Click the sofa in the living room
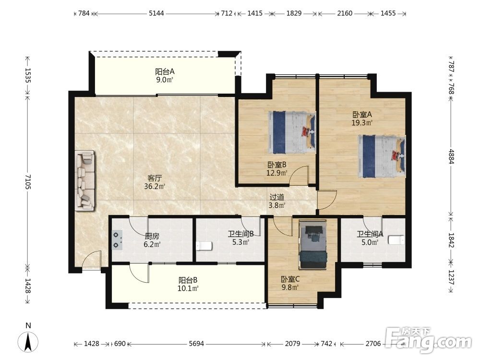[85, 180]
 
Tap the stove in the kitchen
[117, 240]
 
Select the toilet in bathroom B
[204, 245]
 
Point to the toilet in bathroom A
[396, 240]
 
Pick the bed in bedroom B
[292, 132]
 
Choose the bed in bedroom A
[382, 156]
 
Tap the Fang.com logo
[428, 339]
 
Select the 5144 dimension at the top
[156, 13]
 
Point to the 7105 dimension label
[28, 182]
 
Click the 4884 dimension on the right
[451, 156]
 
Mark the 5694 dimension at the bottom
[196, 344]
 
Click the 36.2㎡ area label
[155, 186]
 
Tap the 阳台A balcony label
[165, 72]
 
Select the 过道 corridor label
[277, 197]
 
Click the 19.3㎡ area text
[362, 123]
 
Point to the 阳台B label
[188, 280]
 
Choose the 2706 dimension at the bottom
[373, 344]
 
